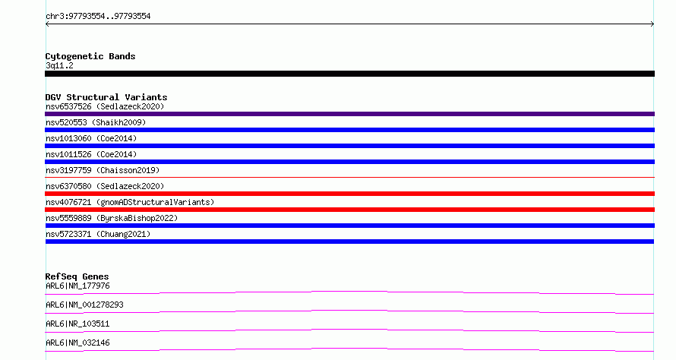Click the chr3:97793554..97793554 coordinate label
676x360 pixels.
(x=98, y=17)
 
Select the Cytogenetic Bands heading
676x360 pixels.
(x=90, y=56)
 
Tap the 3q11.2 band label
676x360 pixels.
(x=59, y=65)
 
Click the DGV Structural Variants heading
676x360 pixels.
(x=106, y=97)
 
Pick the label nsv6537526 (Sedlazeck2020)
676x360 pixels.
(x=105, y=106)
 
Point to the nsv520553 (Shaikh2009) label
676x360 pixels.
(x=96, y=122)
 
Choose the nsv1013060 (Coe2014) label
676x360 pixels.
(x=91, y=138)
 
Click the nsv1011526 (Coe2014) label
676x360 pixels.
(x=91, y=154)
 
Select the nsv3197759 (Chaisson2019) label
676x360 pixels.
(x=103, y=170)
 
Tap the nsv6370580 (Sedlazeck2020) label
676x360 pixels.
(x=105, y=186)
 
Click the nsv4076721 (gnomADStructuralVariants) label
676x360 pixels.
(x=130, y=202)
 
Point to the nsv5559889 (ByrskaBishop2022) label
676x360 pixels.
(x=112, y=218)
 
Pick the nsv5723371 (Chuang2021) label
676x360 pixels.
(x=98, y=234)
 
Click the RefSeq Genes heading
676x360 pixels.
(x=77, y=276)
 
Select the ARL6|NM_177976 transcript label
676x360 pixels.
(x=77, y=286)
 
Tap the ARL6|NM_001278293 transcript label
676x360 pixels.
(x=84, y=305)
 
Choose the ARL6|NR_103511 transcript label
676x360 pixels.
(x=77, y=324)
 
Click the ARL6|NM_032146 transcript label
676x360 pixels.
(x=77, y=343)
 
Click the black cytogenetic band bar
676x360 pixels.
(x=349, y=74)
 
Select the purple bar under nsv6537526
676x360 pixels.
(x=349, y=114)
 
